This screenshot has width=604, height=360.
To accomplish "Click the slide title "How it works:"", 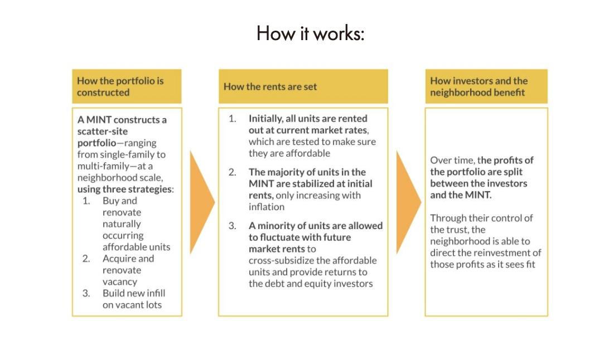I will click(310, 33).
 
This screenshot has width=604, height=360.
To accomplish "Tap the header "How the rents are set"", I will click(270, 86).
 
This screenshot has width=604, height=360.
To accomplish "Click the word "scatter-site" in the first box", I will click(103, 131).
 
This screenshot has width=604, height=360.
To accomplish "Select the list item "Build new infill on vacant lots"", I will click(134, 299).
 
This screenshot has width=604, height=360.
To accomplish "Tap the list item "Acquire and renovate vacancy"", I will click(128, 270).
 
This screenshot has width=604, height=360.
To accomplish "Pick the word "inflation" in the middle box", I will click(267, 207).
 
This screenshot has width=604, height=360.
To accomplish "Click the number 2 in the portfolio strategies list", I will click(86, 259).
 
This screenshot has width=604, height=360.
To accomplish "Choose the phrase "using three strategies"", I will click(124, 189).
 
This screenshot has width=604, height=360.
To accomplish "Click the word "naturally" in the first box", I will click(122, 224).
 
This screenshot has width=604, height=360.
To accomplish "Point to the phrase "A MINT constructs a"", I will click(122, 119).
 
